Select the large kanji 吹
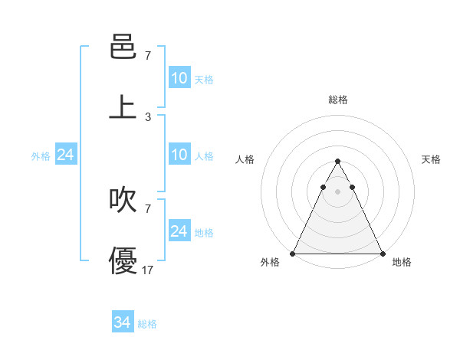coord(123,201)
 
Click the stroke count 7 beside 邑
coord(148,56)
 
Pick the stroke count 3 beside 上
coord(148,116)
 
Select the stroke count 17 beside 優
coord(148,270)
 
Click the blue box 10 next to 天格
coord(179,78)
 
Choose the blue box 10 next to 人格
coord(179,155)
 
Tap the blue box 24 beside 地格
coord(179,231)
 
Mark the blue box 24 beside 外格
coord(66,155)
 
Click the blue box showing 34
coord(123,323)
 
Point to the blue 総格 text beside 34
coord(147,324)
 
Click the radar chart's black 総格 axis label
coord(338,100)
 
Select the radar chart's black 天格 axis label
coord(432,159)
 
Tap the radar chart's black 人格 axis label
coord(245,159)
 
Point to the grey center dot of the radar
coord(338,191)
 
